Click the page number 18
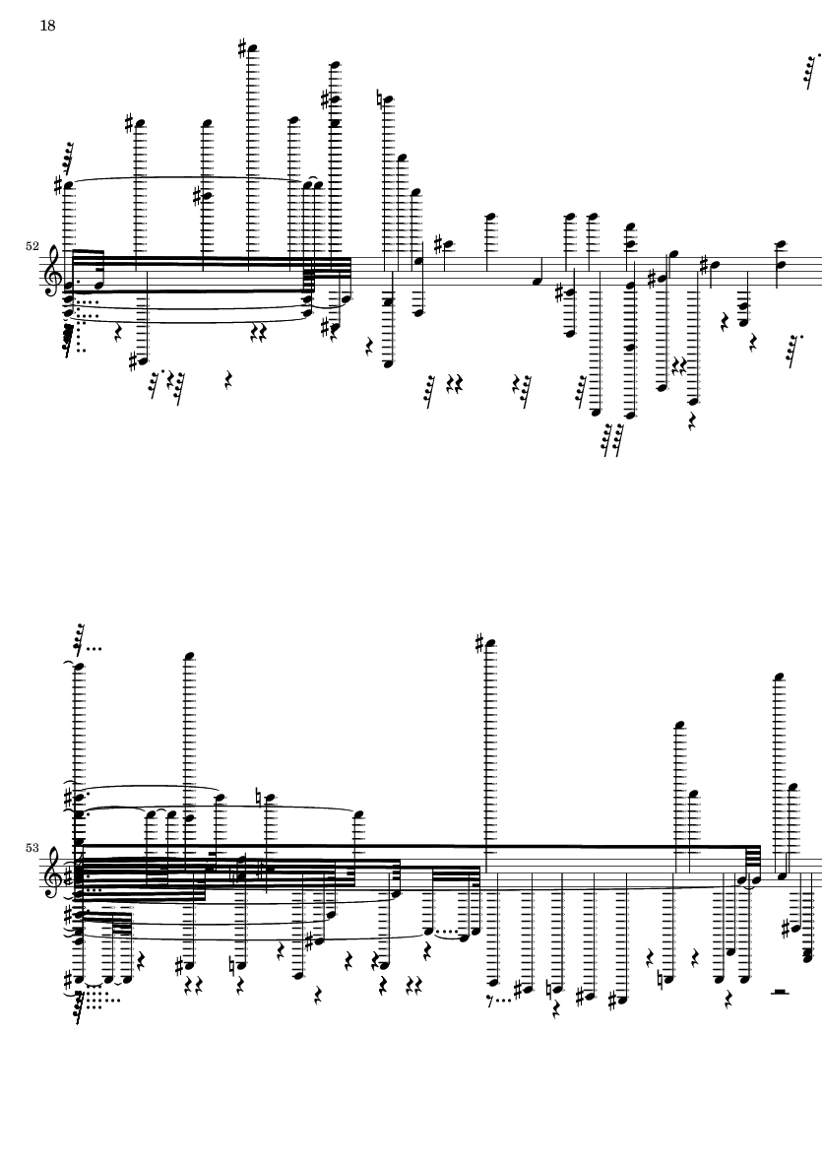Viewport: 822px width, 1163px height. [x=47, y=26]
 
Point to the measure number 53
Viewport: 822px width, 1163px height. [x=32, y=847]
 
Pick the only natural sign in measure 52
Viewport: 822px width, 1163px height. [x=381, y=98]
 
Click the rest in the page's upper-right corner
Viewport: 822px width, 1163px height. [x=810, y=68]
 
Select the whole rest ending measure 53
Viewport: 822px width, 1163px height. [x=780, y=993]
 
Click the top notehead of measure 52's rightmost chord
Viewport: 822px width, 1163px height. [x=780, y=243]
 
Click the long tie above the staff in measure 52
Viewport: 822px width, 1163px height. [x=187, y=178]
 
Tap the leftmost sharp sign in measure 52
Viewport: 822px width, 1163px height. [x=59, y=185]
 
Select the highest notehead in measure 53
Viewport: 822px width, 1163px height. [x=491, y=645]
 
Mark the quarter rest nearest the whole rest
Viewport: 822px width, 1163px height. [x=727, y=999]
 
